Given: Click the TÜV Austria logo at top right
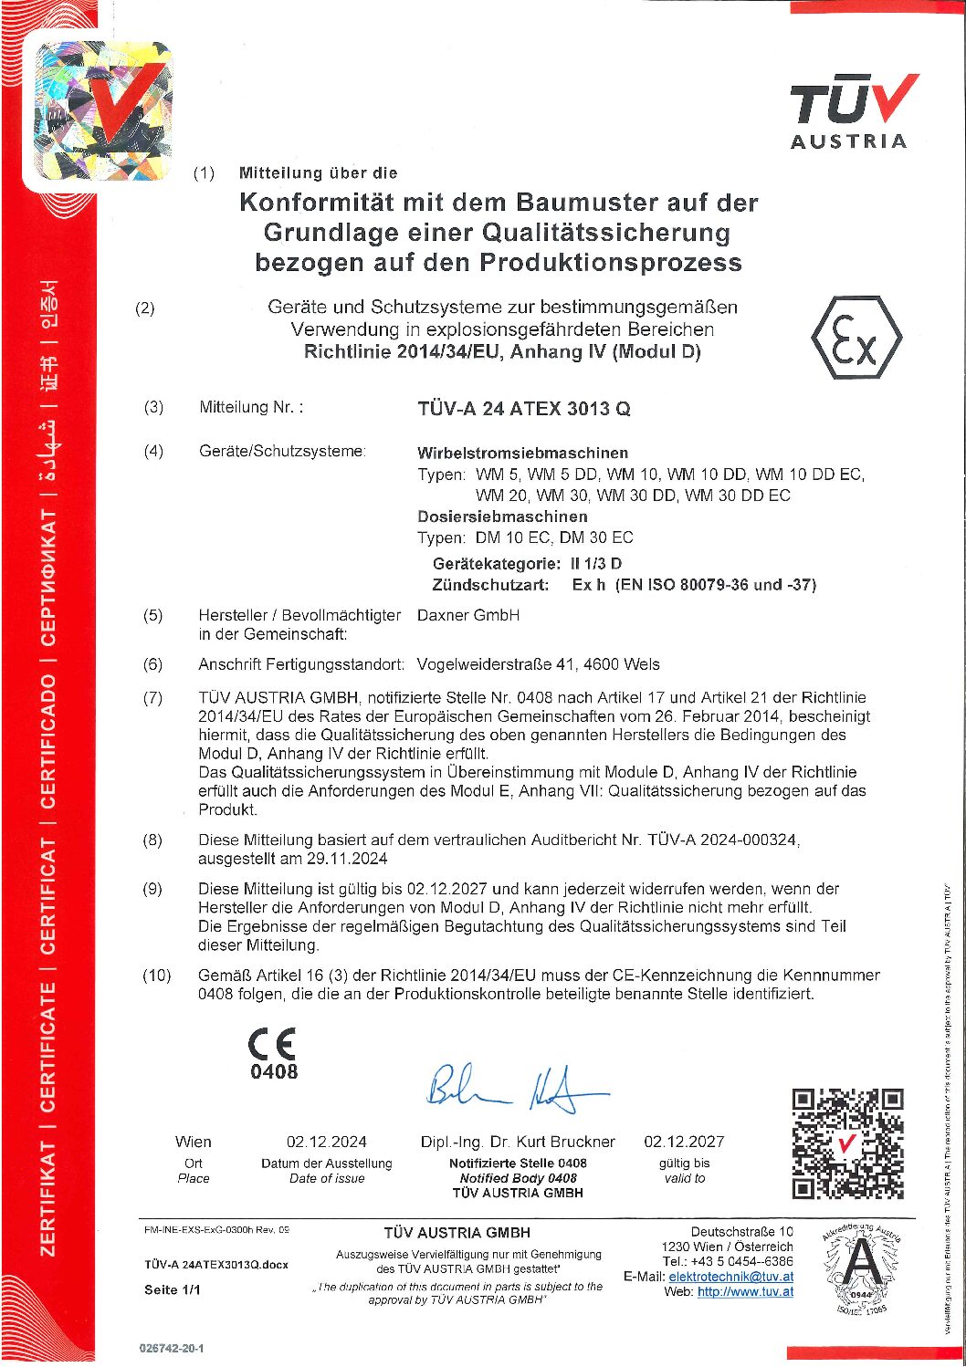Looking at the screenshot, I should pyautogui.click(x=853, y=111).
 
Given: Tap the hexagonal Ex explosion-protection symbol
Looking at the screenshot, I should pyautogui.click(x=856, y=339).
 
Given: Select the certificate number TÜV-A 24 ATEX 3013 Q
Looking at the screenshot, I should pyautogui.click(x=524, y=409).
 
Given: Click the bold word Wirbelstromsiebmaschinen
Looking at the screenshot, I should pyautogui.click(x=522, y=453).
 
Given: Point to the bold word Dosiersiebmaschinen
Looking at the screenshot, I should pyautogui.click(x=502, y=517).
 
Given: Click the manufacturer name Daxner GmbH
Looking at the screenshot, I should pyautogui.click(x=468, y=615).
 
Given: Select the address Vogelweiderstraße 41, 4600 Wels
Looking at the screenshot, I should pyautogui.click(x=538, y=664).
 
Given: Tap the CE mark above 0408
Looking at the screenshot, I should pyautogui.click(x=272, y=1043).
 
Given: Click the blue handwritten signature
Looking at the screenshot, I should pyautogui.click(x=514, y=1088).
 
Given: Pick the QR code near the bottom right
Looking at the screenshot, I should pyautogui.click(x=847, y=1143).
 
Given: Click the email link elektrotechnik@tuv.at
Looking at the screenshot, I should pyautogui.click(x=730, y=1277).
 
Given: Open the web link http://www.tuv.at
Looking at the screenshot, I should pyautogui.click(x=745, y=1291).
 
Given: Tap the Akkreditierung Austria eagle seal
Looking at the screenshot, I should pyautogui.click(x=861, y=1269).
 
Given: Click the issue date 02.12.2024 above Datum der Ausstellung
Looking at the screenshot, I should pyautogui.click(x=327, y=1142).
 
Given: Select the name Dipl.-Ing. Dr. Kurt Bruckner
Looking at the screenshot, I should pyautogui.click(x=518, y=1142).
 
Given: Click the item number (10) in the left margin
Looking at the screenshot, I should pyautogui.click(x=156, y=976).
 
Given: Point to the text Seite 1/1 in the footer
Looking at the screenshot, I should pyautogui.click(x=172, y=1289).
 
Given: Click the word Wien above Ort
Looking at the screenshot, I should pyautogui.click(x=193, y=1142).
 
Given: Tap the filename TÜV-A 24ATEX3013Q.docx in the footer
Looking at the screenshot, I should pyautogui.click(x=216, y=1265).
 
